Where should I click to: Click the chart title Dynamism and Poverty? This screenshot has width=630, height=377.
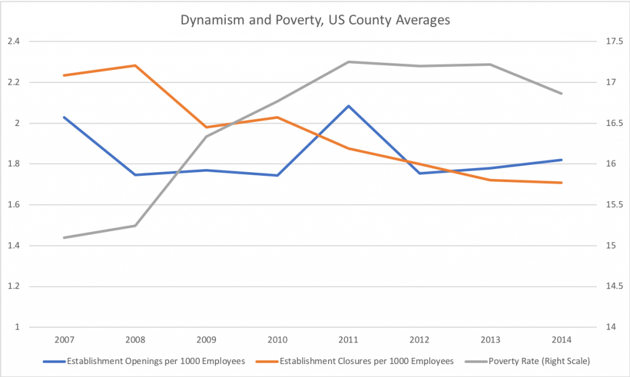[314, 20]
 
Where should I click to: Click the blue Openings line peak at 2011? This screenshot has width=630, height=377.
[349, 106]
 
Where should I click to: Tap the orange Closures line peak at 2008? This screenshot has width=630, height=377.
[135, 65]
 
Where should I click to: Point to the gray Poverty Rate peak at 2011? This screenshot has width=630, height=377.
[349, 62]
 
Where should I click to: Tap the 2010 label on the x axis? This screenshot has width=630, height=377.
[277, 339]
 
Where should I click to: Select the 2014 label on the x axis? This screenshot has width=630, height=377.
[562, 339]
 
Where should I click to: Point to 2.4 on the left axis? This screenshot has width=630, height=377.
[14, 41]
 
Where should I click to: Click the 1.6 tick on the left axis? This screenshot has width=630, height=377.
[14, 205]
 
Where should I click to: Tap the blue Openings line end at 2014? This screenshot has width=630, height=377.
[562, 160]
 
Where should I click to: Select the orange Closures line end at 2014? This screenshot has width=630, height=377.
[562, 183]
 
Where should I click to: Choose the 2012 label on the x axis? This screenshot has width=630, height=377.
[420, 339]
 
